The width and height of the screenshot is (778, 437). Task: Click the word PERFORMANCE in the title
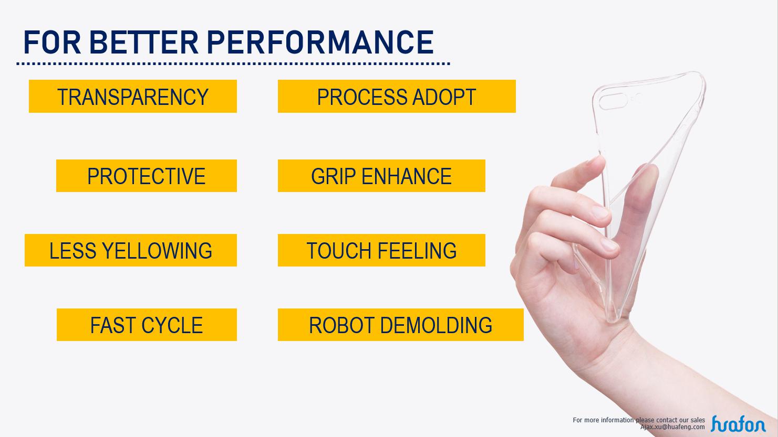point(320,42)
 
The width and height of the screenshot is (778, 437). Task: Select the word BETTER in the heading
point(144,42)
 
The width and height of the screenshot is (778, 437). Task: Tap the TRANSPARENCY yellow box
point(133,96)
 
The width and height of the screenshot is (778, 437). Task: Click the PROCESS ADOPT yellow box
point(397,96)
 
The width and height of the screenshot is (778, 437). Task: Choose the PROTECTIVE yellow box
point(147,176)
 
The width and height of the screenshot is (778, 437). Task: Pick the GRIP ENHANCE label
point(381,176)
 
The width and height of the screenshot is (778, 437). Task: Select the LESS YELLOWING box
point(131,250)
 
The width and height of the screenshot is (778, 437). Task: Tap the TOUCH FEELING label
point(381,250)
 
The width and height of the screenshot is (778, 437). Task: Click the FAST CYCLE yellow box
point(147,325)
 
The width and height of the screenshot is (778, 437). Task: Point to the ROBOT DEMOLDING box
point(400,325)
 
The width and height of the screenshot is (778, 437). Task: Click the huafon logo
point(739,423)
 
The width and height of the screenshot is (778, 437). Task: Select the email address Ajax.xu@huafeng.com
point(672,427)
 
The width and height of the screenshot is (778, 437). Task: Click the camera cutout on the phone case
point(613,101)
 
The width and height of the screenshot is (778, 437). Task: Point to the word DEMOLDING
point(436,325)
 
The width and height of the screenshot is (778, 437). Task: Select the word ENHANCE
point(407,176)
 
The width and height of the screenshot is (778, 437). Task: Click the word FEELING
point(417,250)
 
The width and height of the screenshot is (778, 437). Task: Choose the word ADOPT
point(444,97)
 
